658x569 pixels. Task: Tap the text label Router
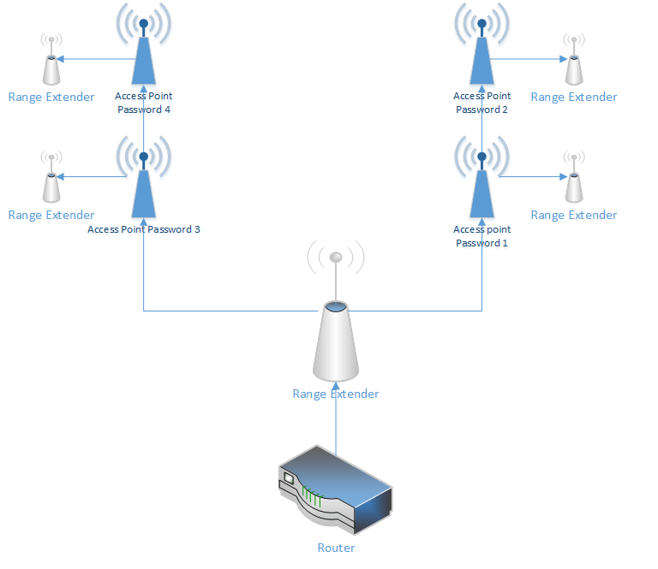[336, 548]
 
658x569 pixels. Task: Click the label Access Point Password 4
[144, 103]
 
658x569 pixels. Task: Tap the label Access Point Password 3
[144, 229]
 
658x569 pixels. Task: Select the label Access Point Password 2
[482, 103]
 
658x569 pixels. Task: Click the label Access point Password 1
[482, 236]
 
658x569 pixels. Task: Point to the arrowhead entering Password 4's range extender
[64, 59]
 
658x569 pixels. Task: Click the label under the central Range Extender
[336, 394]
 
